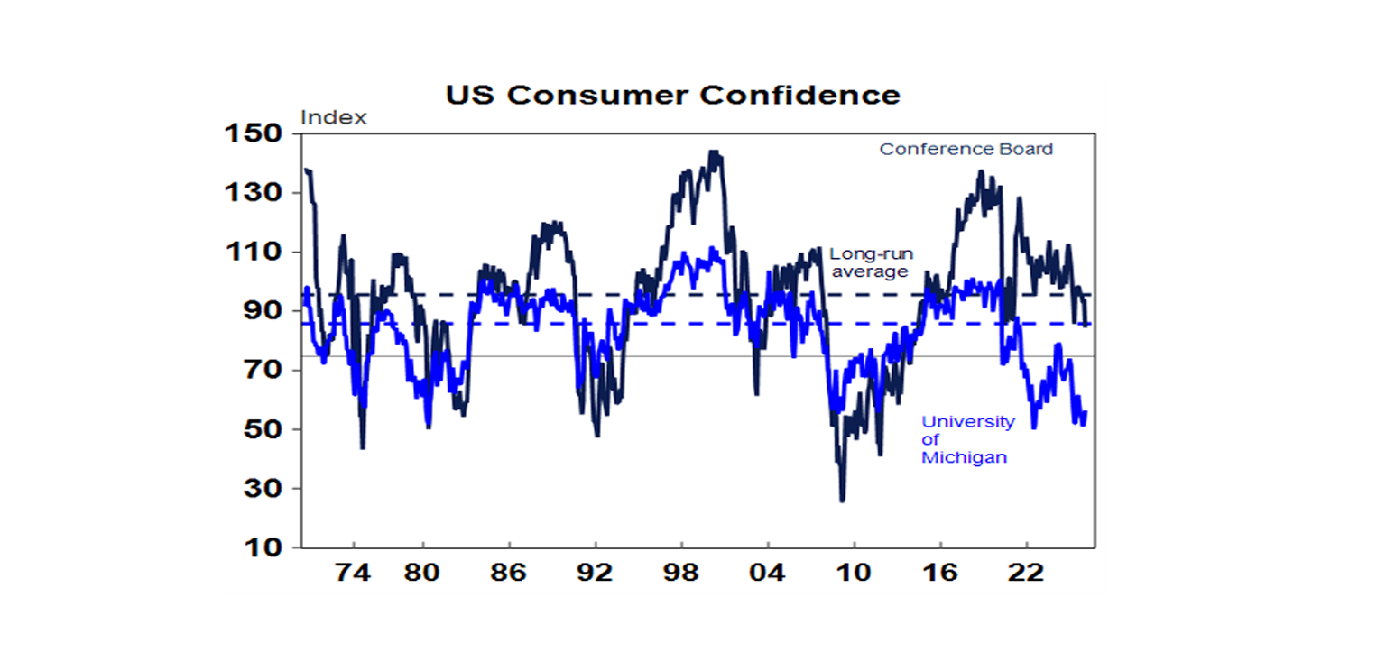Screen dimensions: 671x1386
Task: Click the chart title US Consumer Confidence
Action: point(672,96)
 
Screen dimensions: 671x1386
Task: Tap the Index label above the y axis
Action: point(333,118)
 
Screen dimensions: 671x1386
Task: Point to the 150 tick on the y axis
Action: point(259,134)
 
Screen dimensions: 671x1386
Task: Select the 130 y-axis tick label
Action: point(259,193)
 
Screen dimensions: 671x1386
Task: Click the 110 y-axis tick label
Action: point(259,253)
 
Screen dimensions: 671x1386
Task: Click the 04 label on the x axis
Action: point(767,573)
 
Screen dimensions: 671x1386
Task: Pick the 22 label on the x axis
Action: point(1026,573)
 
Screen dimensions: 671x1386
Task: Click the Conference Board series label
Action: point(966,150)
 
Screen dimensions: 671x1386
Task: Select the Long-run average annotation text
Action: point(871,262)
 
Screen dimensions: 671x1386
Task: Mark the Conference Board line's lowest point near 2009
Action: point(843,500)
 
